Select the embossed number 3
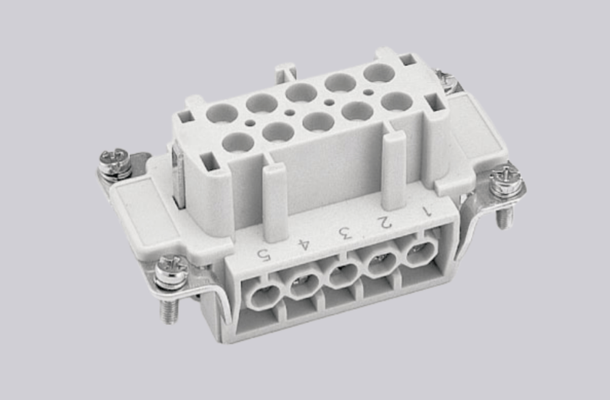pyautogui.click(x=345, y=232)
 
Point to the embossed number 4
pyautogui.click(x=303, y=243)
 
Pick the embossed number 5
pyautogui.click(x=263, y=254)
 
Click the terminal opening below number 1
pyautogui.click(x=419, y=253)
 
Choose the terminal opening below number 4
pyautogui.click(x=303, y=285)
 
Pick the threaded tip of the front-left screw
pyautogui.click(x=169, y=312)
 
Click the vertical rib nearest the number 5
pyautogui.click(x=276, y=201)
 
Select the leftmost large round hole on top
pyautogui.click(x=222, y=112)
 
